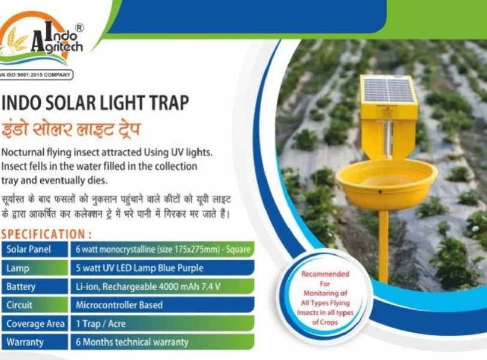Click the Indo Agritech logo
click(42, 39)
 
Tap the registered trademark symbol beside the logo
click(79, 28)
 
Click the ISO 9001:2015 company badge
click(37, 75)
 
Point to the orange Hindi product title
click(71, 129)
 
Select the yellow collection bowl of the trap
click(386, 183)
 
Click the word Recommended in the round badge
click(325, 274)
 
